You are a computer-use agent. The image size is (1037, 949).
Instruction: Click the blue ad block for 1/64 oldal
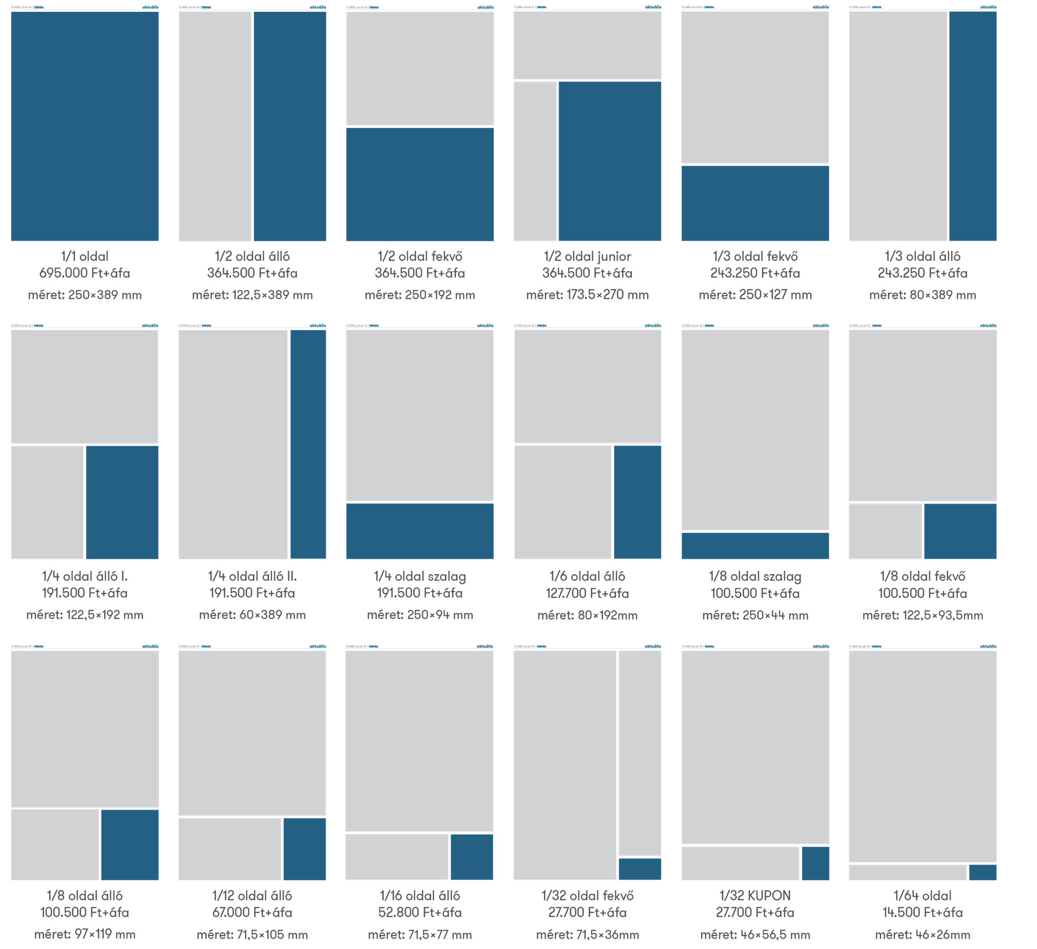tap(982, 872)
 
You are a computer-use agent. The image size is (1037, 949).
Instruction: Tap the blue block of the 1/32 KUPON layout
tap(815, 863)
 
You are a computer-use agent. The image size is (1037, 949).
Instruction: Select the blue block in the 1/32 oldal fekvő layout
tap(639, 869)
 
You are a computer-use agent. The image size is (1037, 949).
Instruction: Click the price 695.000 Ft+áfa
tap(85, 273)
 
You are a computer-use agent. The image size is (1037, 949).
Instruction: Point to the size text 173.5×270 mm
tap(587, 295)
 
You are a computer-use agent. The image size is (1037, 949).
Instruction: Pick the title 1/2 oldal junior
tap(587, 257)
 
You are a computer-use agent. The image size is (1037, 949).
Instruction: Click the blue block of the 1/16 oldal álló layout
tap(472, 857)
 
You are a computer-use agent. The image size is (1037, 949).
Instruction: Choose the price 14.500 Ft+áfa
tap(922, 912)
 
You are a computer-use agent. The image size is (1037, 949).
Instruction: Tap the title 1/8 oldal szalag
tap(755, 576)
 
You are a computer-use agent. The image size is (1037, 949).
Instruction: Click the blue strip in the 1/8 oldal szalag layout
tap(755, 546)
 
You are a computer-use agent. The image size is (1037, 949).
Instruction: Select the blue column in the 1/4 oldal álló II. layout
tap(308, 444)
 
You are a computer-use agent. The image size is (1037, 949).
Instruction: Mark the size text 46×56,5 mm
tap(755, 934)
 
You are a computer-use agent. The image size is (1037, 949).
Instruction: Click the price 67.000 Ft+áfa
tap(252, 912)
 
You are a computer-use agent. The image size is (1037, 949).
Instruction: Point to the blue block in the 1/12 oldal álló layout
tap(305, 849)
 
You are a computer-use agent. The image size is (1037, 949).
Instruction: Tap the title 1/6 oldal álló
tap(587, 576)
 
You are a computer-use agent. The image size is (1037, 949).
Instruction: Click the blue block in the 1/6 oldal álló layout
tap(637, 502)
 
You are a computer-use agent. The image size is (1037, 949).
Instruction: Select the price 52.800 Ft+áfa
tap(420, 912)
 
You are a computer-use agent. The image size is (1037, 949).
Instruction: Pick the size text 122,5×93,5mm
tap(922, 615)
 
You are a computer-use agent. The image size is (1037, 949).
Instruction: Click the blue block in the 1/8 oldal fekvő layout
tap(960, 531)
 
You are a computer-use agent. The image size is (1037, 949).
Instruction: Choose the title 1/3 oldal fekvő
tap(755, 257)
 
